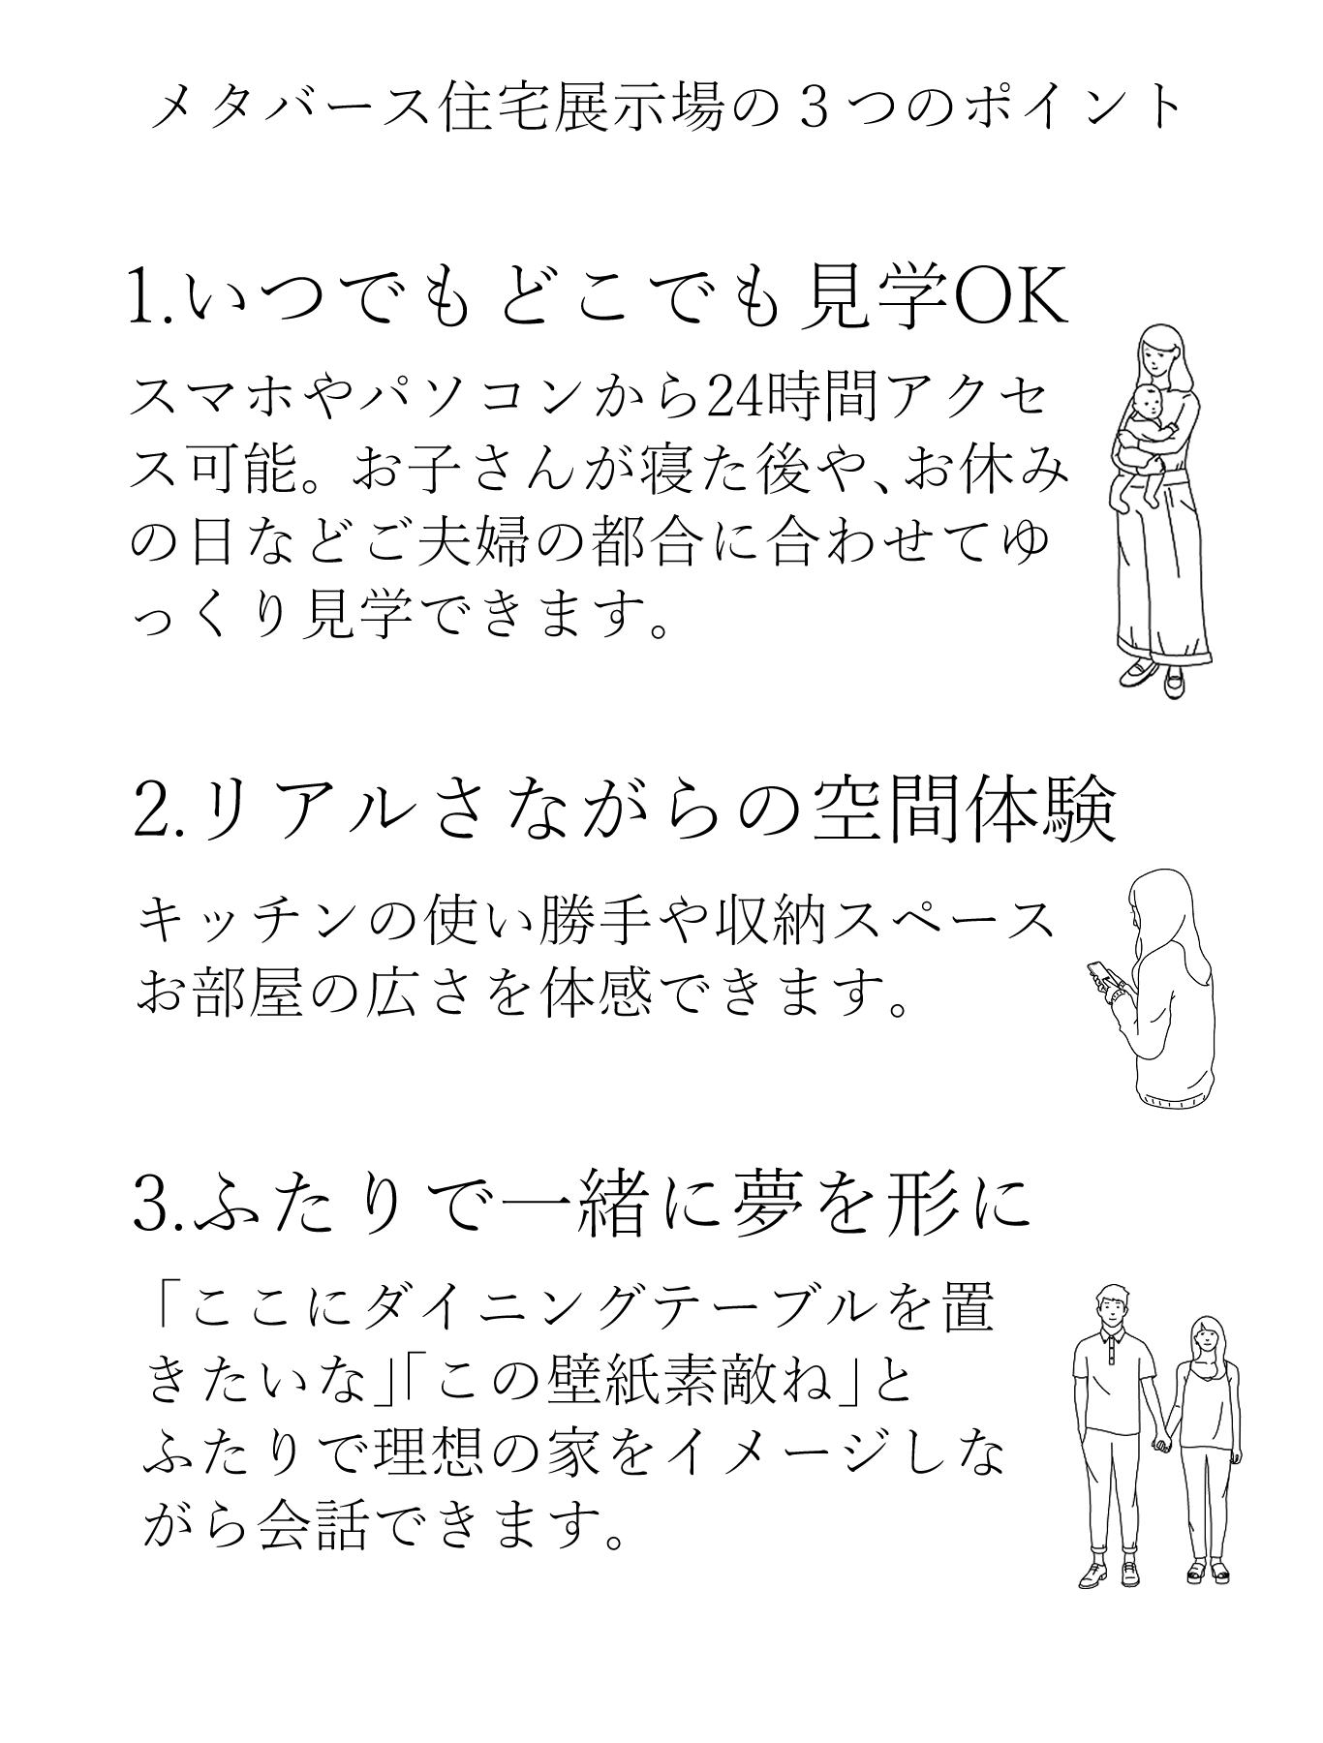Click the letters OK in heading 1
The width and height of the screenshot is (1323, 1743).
[x=1012, y=301]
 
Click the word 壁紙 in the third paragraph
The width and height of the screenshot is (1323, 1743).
[x=577, y=1389]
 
